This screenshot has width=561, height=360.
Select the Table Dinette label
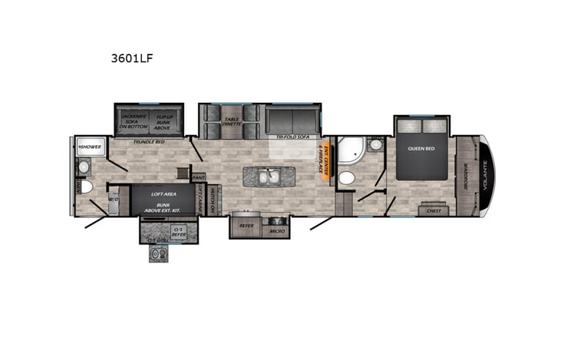[233, 121]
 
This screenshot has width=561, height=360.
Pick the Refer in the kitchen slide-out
[247, 226]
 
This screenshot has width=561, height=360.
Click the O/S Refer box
[178, 231]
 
